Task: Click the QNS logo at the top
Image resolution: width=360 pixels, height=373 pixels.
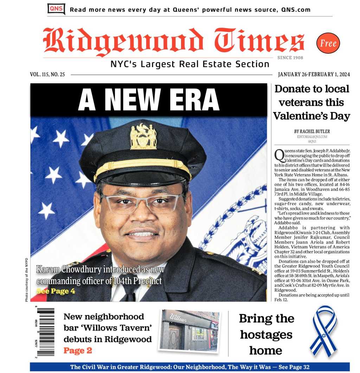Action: (56, 9)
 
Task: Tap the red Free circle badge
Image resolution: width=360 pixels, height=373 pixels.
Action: (328, 43)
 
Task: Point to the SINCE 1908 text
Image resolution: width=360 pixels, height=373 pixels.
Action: (290, 58)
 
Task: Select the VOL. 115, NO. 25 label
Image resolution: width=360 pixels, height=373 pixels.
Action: (47, 74)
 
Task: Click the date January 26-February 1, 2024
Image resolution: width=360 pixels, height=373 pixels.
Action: (314, 74)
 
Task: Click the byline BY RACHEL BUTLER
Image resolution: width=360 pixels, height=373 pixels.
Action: (312, 132)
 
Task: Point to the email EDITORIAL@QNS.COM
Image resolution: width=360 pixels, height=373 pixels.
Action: (312, 137)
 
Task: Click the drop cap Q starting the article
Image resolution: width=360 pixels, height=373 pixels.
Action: (278, 155)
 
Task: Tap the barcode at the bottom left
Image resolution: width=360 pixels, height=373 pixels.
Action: (46, 332)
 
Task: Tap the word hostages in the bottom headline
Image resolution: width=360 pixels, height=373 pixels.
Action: (266, 335)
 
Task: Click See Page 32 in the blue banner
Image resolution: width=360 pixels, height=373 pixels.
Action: (294, 367)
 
